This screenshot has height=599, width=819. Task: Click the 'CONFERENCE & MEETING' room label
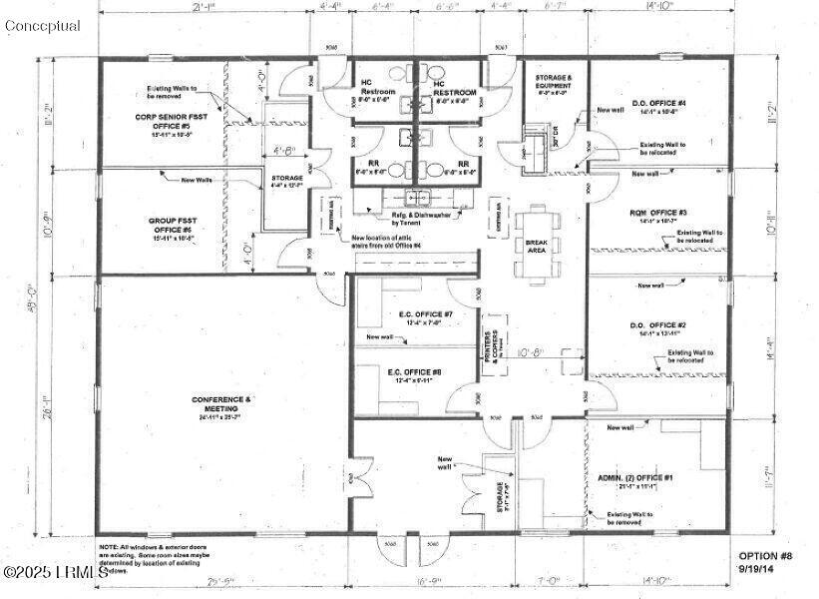(x=221, y=404)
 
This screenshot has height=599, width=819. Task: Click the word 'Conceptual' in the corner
(x=42, y=26)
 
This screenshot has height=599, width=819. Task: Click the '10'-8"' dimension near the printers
(x=533, y=352)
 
